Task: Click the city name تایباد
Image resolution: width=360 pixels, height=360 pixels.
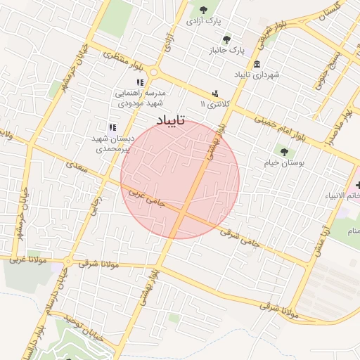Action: (166, 121)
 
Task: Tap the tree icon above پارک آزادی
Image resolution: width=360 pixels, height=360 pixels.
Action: (203, 10)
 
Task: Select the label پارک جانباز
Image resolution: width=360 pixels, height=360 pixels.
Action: (226, 51)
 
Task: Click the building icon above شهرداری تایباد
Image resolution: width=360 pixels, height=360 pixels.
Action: (258, 64)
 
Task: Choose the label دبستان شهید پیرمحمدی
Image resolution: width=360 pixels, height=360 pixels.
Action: (112, 143)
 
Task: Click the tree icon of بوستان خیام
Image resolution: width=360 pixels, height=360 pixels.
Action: (284, 150)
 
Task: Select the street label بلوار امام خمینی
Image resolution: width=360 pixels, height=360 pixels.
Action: (281, 130)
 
